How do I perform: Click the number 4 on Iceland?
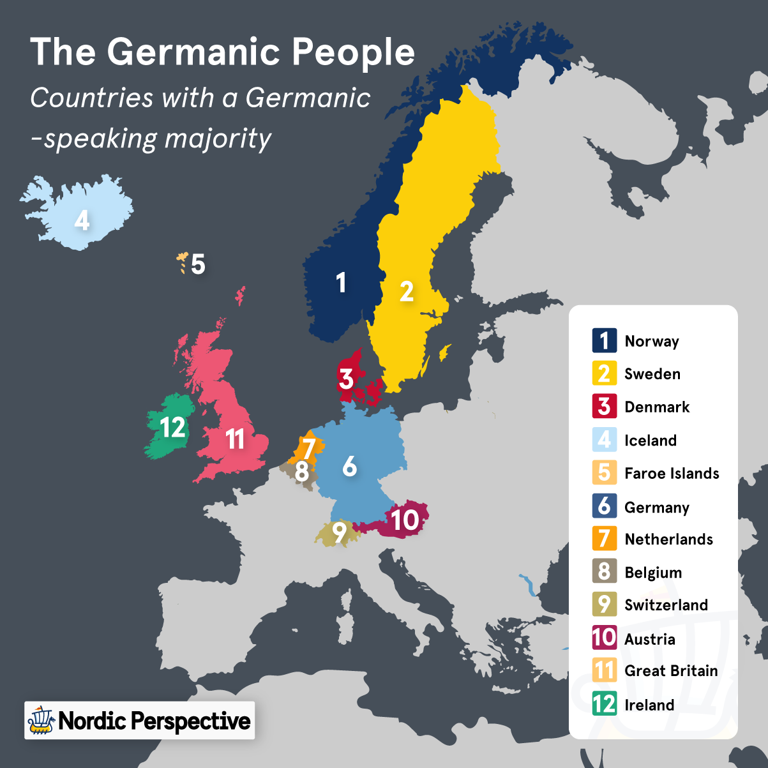pyautogui.click(x=82, y=220)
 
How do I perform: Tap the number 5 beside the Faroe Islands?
pyautogui.click(x=198, y=264)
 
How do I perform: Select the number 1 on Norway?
pyautogui.click(x=341, y=282)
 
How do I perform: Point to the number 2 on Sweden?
pyautogui.click(x=407, y=292)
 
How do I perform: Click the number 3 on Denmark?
pyautogui.click(x=346, y=379)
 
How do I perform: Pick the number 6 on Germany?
pyautogui.click(x=349, y=467)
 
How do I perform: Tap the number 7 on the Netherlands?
pyautogui.click(x=308, y=448)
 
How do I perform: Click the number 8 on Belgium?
pyautogui.click(x=302, y=472)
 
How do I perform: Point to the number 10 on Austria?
pyautogui.click(x=404, y=520)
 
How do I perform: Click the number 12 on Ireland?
pyautogui.click(x=172, y=427)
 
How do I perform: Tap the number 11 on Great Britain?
pyautogui.click(x=236, y=439)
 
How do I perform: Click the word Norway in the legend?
pyautogui.click(x=652, y=342)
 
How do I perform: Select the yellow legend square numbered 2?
pyautogui.click(x=604, y=374)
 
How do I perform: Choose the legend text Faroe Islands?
pyautogui.click(x=672, y=474)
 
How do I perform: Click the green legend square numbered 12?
pyautogui.click(x=604, y=704)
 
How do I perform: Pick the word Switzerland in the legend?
pyautogui.click(x=666, y=605)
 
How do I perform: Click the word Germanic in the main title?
pyautogui.click(x=194, y=52)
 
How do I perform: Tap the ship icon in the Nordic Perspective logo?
pyautogui.click(x=41, y=721)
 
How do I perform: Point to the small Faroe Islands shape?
pyautogui.click(x=183, y=262)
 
